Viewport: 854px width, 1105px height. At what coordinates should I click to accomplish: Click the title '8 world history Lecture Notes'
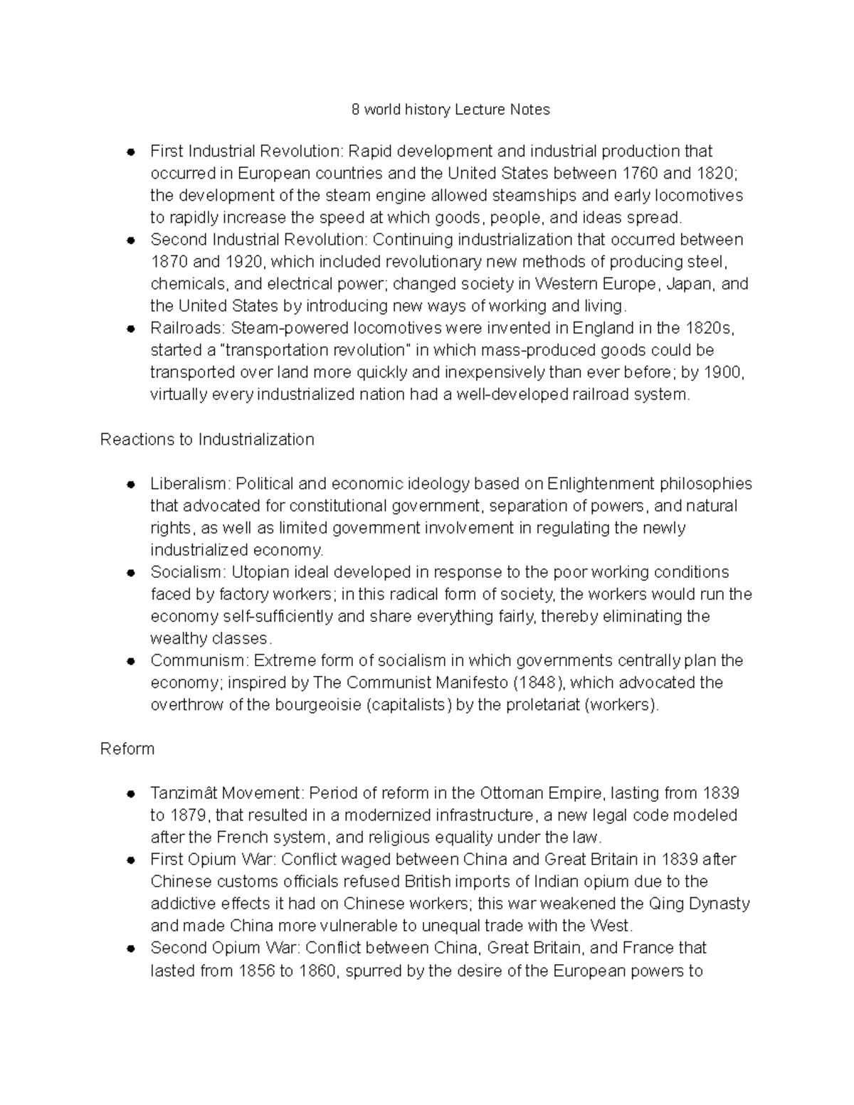451,110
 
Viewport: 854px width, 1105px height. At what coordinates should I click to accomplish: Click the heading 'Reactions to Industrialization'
207,440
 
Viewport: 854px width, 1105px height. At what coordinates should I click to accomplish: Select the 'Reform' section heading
127,749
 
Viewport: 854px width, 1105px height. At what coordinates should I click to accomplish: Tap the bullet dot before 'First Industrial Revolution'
131,152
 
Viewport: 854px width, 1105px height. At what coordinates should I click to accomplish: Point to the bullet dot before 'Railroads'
131,329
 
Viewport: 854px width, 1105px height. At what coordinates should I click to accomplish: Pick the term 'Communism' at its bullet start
197,661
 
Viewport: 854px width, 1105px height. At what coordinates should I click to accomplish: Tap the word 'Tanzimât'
184,793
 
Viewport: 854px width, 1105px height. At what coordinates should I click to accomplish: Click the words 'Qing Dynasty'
699,904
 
